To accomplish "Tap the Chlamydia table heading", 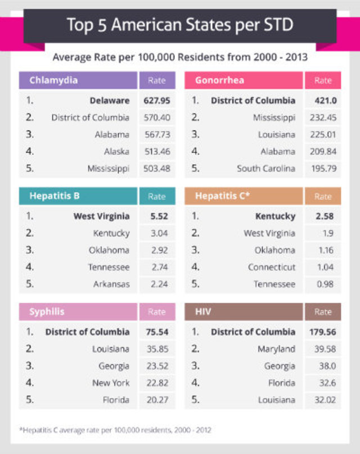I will tap(54, 80).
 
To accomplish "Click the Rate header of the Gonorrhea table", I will tap(322, 80).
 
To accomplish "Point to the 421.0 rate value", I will tap(322, 101).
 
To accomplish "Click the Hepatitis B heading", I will tap(54, 196).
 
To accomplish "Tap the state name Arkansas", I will tap(111, 284).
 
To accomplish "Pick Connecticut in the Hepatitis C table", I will tap(272, 267).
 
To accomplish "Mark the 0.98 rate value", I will tap(322, 284).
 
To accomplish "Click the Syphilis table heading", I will tap(47, 312).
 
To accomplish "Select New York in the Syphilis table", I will tap(111, 383).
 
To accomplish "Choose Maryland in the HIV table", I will tap(276, 349).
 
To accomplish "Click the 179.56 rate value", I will tap(322, 332).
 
